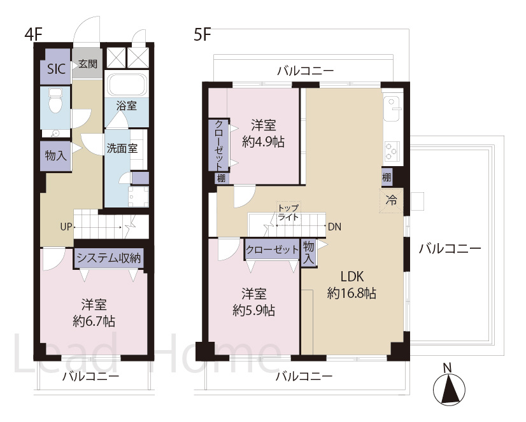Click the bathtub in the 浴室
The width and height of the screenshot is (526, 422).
tap(126, 85)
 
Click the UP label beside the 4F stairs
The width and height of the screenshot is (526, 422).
tap(66, 226)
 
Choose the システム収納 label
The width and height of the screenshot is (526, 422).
tap(108, 258)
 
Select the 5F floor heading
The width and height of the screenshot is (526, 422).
tap(203, 35)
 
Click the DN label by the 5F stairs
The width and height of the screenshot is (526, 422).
tap(334, 226)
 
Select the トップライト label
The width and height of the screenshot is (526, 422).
tap(288, 212)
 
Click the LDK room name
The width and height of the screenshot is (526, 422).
tap(351, 278)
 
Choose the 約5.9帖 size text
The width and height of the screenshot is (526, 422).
tap(253, 311)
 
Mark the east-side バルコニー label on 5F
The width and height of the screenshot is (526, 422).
tap(449, 248)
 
